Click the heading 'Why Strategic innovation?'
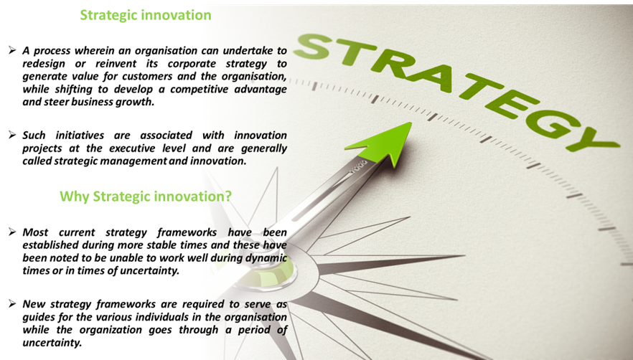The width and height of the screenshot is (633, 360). (x=146, y=196)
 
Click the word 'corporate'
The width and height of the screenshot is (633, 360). (x=192, y=64)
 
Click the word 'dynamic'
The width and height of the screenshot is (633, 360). (x=266, y=258)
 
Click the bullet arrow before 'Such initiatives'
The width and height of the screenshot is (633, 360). (x=12, y=135)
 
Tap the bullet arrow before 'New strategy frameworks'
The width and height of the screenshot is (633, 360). (x=12, y=303)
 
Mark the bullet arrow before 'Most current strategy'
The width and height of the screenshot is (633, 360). (x=12, y=232)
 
